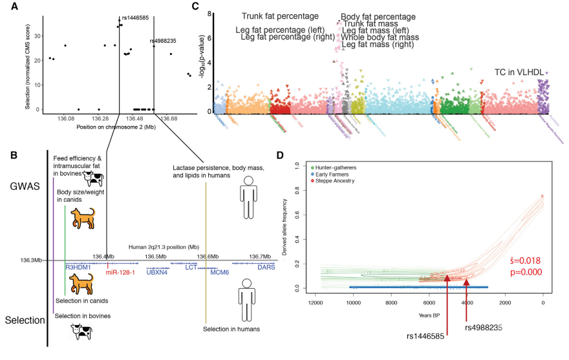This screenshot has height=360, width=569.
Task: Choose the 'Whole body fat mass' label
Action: point(380,37)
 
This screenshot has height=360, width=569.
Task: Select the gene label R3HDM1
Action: point(80,267)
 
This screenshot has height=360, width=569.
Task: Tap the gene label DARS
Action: point(266,267)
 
